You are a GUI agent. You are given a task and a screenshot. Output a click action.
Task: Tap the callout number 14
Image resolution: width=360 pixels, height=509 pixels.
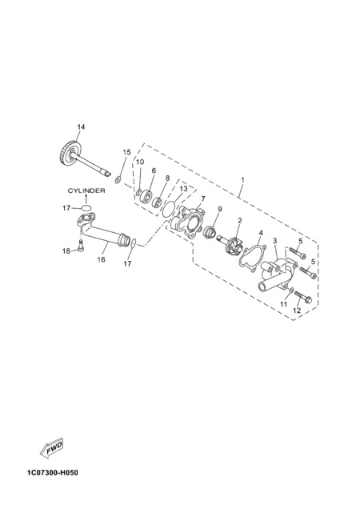pos(81,127)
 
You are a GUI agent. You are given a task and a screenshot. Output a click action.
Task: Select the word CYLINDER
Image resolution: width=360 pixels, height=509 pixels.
pos(86,190)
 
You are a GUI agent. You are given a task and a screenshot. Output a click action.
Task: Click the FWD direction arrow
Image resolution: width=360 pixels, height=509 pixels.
pos(51,449)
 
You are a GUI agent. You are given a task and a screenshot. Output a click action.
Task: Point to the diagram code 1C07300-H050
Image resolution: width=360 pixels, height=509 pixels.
pos(53,472)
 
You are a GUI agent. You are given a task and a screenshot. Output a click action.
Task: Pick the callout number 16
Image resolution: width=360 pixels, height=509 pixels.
pos(102,259)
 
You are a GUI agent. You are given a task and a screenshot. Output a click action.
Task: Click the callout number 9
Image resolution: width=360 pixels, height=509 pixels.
pos(220,209)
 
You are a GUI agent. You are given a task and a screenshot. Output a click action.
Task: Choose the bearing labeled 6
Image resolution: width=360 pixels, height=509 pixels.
pos(148,196)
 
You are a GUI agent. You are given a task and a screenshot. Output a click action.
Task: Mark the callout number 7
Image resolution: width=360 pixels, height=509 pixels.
pos(203,198)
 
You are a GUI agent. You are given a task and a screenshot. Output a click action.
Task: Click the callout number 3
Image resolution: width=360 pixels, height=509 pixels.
pos(274,241)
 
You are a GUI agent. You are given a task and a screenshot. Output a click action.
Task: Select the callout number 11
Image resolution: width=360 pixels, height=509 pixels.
pos(284,304)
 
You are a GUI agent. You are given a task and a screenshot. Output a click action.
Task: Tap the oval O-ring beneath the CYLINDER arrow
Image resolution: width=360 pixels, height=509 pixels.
pos(86,208)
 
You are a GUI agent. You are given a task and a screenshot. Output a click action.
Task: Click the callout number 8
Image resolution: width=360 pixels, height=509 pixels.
pos(167,178)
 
